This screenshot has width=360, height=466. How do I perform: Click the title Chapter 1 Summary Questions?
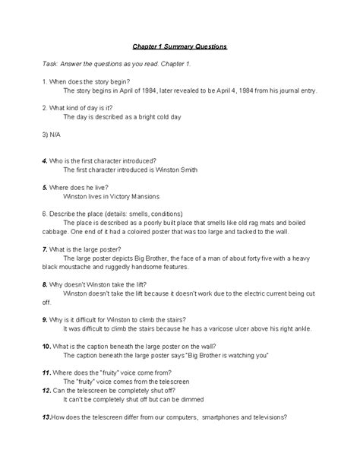click(179, 47)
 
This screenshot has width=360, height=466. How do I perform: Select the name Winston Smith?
click(177, 171)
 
